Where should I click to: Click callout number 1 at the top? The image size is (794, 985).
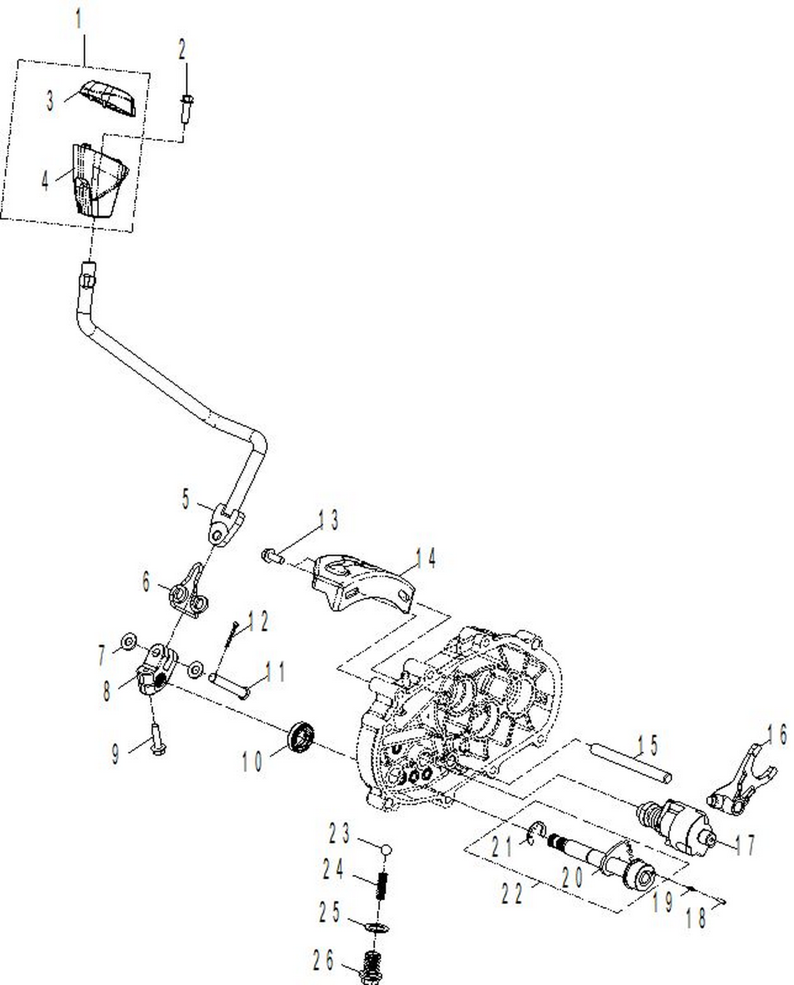[x=79, y=19]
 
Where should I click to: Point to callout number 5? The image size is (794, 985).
[x=185, y=499]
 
